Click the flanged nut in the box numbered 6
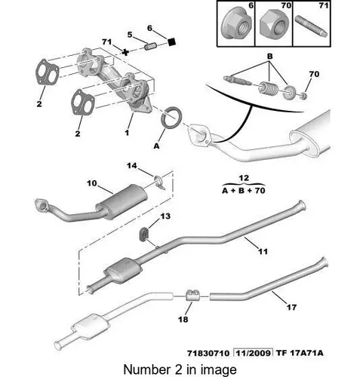(236, 25)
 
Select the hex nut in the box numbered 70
(274, 24)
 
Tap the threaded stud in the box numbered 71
(311, 26)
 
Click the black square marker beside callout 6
(171, 41)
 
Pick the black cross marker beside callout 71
(125, 52)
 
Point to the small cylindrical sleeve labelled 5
(150, 47)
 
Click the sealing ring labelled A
(171, 117)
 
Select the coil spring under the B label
(269, 88)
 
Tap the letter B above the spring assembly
(270, 57)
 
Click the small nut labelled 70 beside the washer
(304, 96)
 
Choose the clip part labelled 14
(160, 182)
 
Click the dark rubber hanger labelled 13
(144, 234)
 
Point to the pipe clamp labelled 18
(192, 295)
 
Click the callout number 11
(263, 251)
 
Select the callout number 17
(292, 307)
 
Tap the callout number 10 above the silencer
(92, 183)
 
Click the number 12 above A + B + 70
(244, 178)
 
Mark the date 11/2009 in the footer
(253, 353)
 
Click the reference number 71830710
(208, 353)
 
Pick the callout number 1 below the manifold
(127, 132)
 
